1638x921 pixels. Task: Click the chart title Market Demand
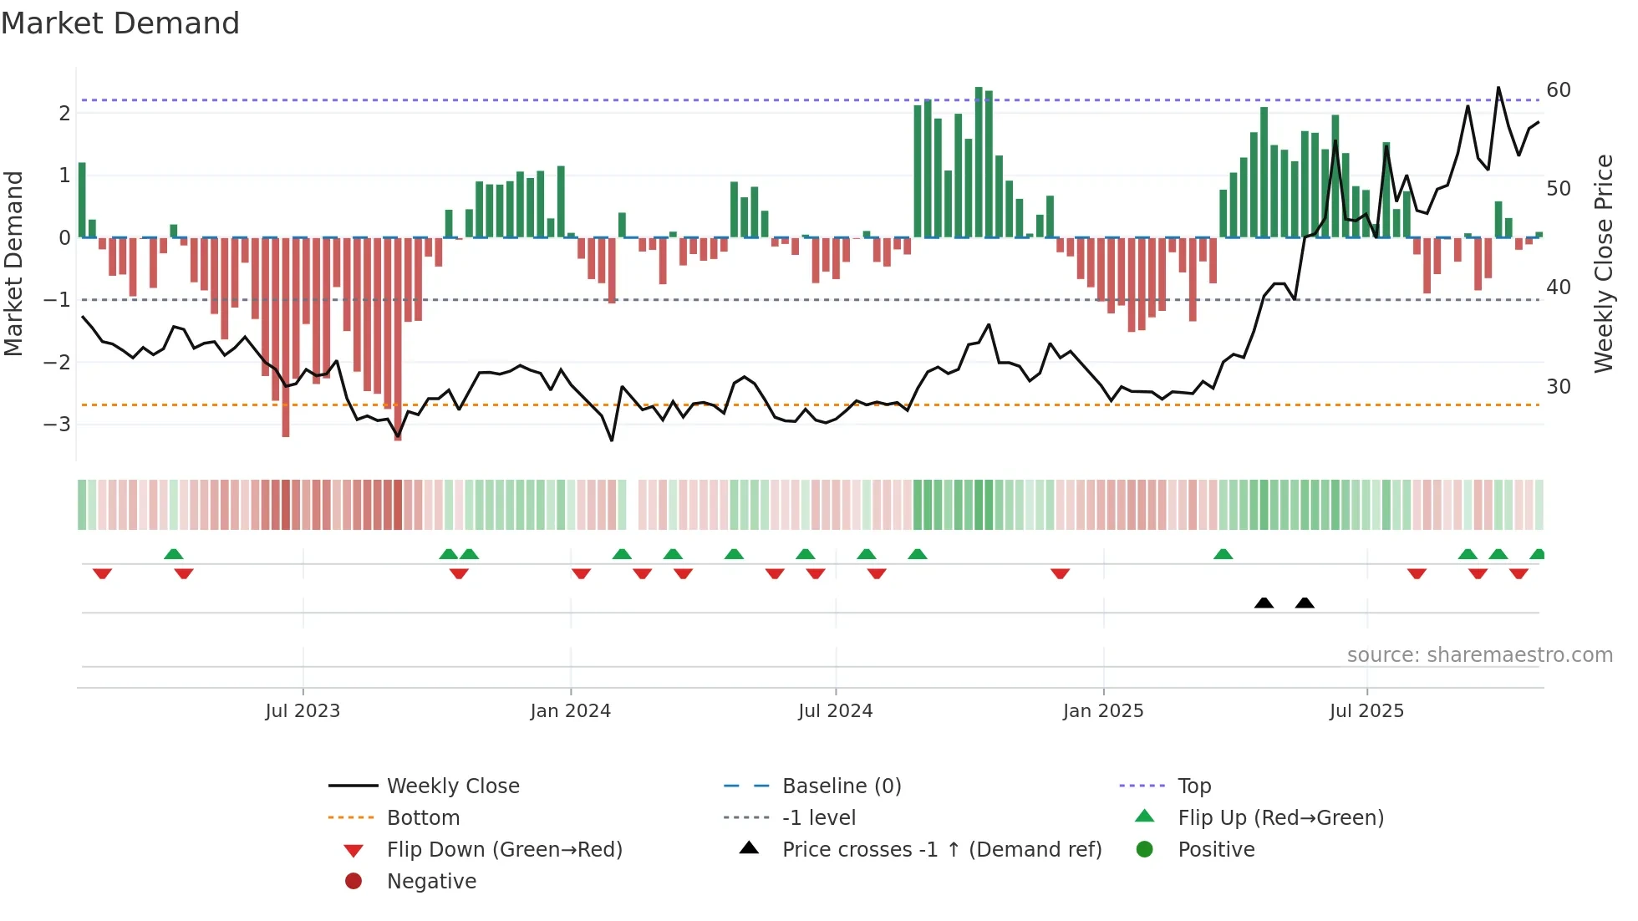[120, 23]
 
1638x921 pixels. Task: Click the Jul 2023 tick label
[303, 711]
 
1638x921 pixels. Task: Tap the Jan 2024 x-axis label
[570, 711]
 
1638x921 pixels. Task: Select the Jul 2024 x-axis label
[835, 711]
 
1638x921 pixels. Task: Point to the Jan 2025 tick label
[1102, 711]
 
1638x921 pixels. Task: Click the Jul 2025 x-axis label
[1366, 711]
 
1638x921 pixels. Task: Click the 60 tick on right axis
[1558, 90]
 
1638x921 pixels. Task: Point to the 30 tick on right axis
[1558, 387]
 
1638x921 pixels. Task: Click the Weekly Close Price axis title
[1603, 263]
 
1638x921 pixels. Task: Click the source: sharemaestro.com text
[1479, 655]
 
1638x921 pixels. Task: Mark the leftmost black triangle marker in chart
[1264, 603]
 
